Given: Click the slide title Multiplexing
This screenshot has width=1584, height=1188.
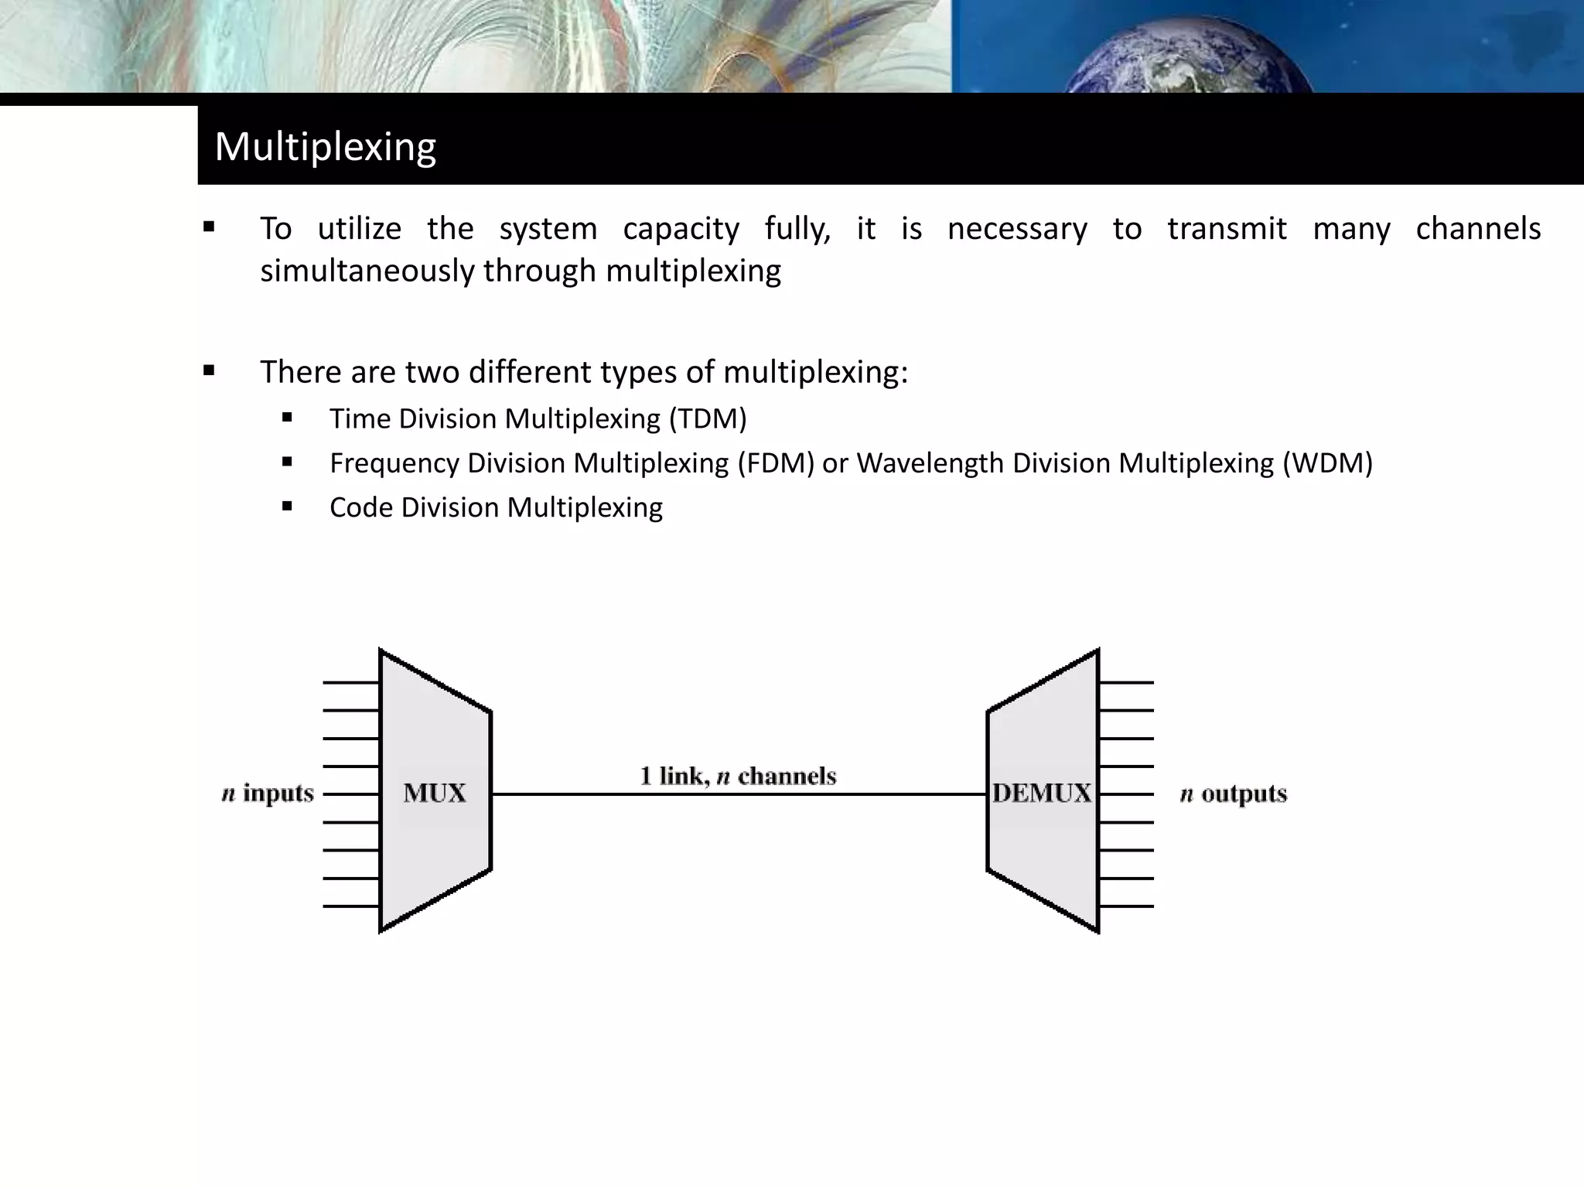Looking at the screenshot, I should [x=325, y=146].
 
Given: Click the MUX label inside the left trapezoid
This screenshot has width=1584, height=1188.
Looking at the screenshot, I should [x=435, y=793].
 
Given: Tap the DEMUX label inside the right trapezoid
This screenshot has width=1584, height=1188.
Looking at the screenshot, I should [x=1042, y=793].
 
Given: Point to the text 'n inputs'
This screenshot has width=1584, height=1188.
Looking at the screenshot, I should [x=268, y=794].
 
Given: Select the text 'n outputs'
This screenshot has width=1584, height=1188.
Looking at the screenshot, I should [x=1234, y=794].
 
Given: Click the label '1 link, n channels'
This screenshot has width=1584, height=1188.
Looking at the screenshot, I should [x=738, y=776].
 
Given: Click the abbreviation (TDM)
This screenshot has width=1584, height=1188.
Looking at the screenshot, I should [x=708, y=418].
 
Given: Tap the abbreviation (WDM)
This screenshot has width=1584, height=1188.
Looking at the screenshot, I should [x=1327, y=463].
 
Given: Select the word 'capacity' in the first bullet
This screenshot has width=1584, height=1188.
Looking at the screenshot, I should [x=681, y=229].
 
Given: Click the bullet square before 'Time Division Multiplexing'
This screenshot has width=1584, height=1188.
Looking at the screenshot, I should [x=288, y=418].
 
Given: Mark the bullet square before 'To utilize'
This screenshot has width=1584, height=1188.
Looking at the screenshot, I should [x=209, y=227].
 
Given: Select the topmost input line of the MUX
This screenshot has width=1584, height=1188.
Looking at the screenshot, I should [x=351, y=683].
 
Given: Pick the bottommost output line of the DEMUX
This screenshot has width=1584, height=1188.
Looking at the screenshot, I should [x=1126, y=906].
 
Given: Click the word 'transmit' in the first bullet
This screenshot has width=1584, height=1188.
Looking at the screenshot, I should [x=1227, y=229].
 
